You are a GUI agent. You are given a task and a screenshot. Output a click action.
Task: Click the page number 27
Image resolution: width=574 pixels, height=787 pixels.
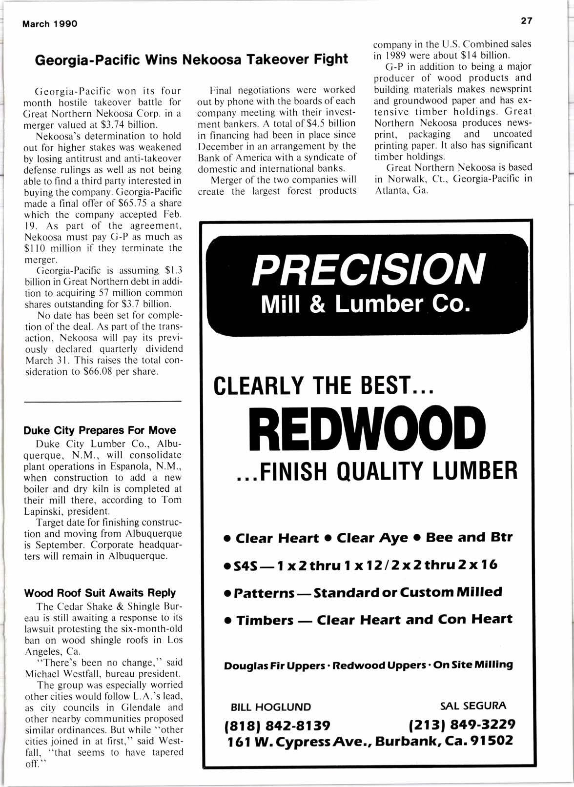pos(526,20)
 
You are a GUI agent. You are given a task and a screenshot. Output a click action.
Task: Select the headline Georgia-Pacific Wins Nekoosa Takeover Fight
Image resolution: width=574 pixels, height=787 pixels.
pos(192,60)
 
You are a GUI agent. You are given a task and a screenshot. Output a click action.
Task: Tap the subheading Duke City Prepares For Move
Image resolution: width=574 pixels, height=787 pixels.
pos(100,430)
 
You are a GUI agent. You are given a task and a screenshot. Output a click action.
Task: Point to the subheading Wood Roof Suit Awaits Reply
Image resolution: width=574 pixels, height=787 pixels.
pos(100,593)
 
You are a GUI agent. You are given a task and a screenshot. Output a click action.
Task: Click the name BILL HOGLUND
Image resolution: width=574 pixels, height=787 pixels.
pos(270,707)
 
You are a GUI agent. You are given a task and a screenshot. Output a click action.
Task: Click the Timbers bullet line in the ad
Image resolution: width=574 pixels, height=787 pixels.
pos(368,620)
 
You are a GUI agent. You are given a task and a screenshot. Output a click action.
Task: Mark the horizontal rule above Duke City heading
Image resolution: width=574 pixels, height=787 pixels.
pos(102,402)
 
